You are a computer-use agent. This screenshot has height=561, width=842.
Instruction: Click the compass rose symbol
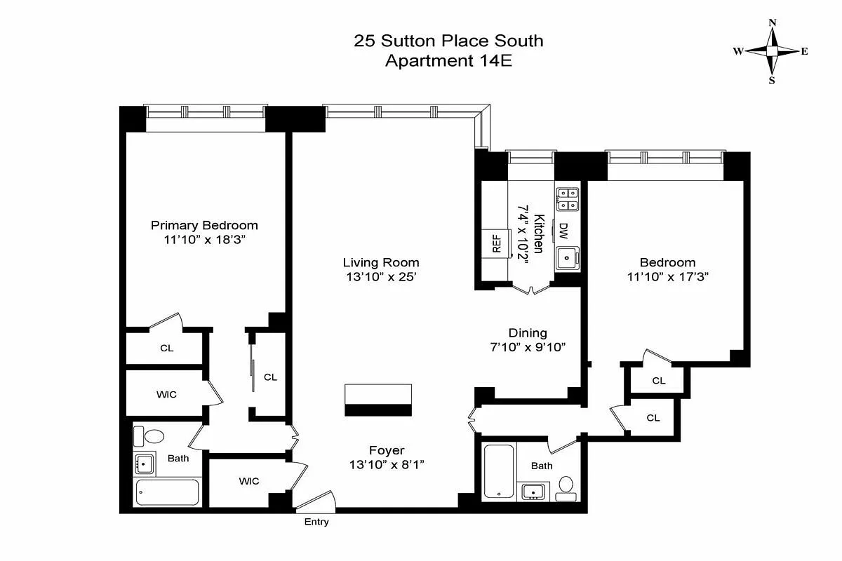[772, 51]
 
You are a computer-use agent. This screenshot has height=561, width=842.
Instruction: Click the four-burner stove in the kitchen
[567, 198]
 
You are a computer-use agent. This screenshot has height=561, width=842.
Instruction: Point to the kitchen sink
[567, 259]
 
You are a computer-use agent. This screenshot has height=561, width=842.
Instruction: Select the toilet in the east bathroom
[566, 486]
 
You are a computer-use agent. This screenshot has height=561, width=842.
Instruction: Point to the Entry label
[316, 522]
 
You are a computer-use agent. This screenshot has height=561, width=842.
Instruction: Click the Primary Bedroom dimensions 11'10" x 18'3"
[204, 239]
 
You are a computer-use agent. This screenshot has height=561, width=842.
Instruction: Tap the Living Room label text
[380, 263]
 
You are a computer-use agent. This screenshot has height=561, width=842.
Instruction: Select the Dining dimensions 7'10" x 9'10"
[527, 346]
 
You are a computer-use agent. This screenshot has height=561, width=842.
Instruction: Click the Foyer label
[387, 450]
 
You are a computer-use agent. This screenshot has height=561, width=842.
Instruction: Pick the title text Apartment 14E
[448, 60]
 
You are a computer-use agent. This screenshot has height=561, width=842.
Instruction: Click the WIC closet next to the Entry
[248, 481]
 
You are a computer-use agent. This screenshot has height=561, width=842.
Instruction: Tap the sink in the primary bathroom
[145, 463]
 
